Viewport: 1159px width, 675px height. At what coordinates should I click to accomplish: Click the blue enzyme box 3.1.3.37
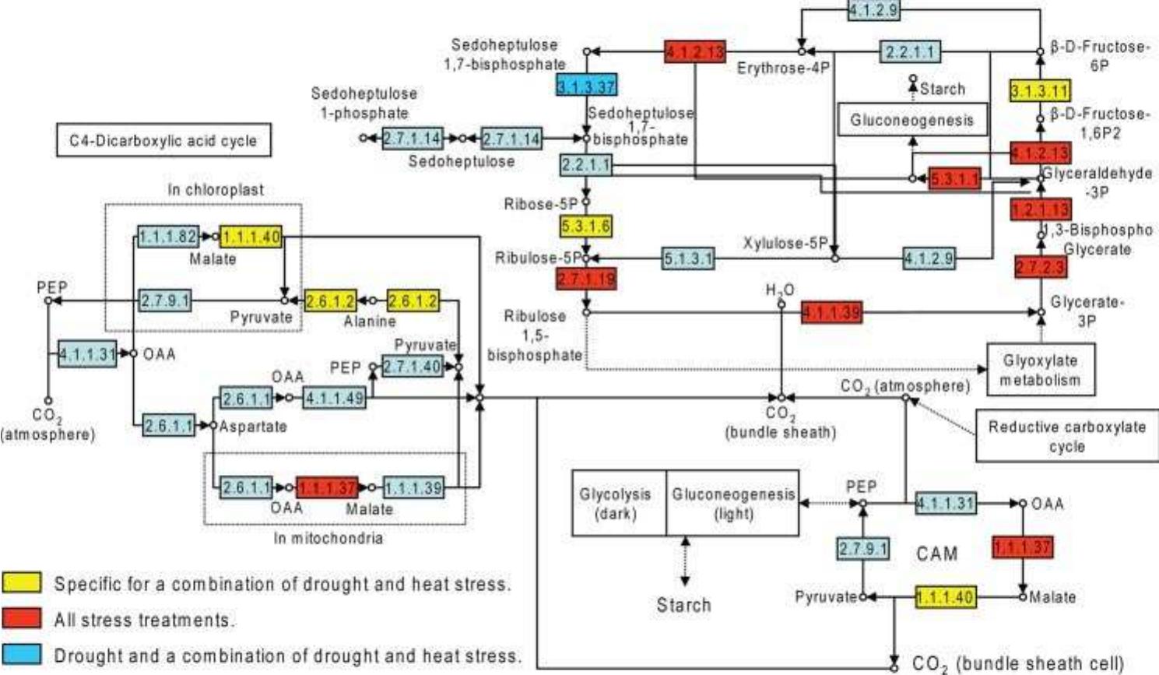[x=586, y=86]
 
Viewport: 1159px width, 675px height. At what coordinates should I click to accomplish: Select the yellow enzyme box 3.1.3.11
[x=1039, y=90]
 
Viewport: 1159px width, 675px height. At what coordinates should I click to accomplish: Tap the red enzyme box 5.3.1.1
[x=955, y=178]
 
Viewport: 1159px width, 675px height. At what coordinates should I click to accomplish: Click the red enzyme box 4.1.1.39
[x=831, y=313]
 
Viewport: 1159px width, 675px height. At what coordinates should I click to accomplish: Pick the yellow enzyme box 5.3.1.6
[x=585, y=227]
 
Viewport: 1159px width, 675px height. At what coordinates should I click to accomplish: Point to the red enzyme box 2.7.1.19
[x=586, y=279]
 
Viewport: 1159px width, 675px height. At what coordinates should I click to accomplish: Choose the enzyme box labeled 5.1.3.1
[x=688, y=258]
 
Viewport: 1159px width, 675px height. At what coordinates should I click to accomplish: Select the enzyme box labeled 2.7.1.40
[x=411, y=366]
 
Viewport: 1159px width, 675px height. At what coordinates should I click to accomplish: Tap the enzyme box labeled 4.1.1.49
[x=334, y=399]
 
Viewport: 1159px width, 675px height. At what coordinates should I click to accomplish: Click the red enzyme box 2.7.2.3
[x=1041, y=267]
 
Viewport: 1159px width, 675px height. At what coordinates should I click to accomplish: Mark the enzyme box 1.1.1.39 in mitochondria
[x=413, y=488]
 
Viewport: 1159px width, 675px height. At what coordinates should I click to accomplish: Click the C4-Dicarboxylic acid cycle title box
[x=163, y=141]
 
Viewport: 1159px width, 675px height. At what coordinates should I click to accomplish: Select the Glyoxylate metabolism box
[x=1040, y=370]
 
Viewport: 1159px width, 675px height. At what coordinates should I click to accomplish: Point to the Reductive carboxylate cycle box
[x=1066, y=437]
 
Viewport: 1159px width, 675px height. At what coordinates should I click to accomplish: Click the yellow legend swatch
[x=22, y=583]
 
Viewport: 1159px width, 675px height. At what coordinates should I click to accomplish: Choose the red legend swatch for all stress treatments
[x=22, y=619]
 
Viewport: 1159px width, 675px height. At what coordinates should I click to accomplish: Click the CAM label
[x=936, y=554]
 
